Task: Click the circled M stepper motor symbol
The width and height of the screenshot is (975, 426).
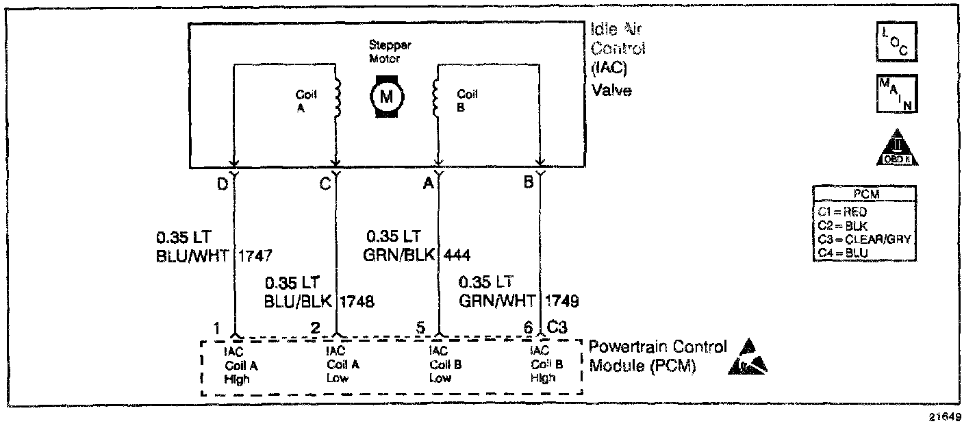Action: (387, 96)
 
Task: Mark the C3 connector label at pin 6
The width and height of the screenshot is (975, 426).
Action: (557, 328)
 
